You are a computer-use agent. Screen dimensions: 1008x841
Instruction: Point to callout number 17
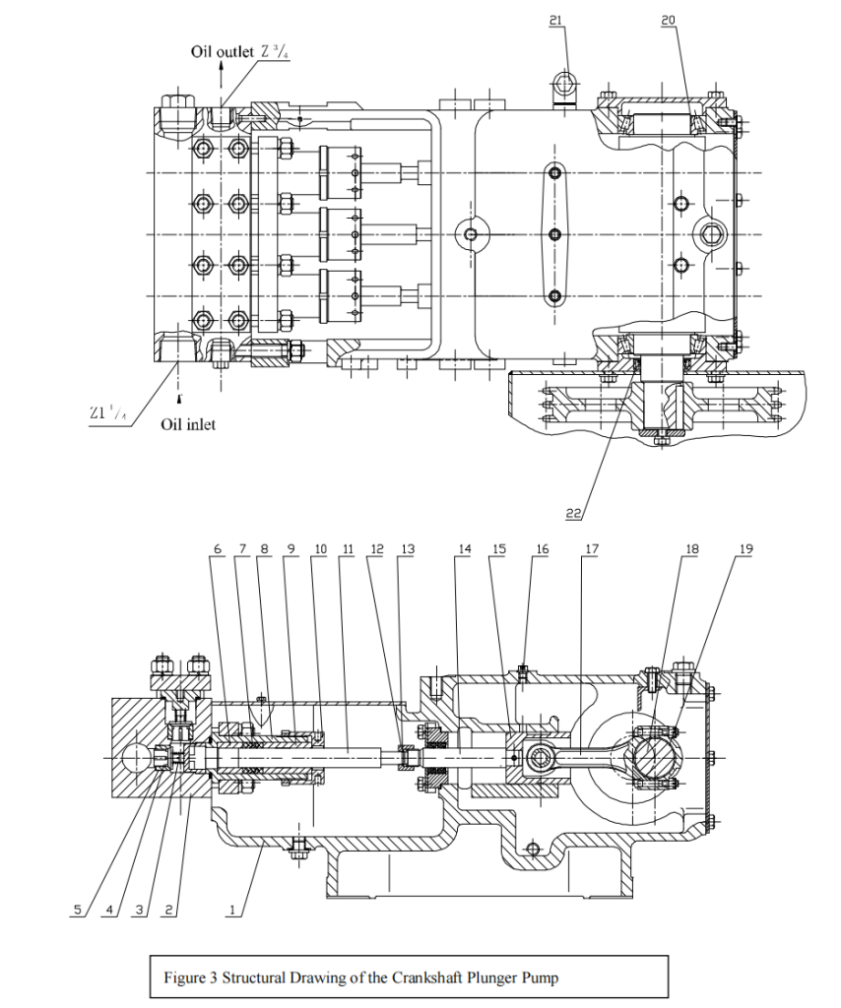coord(590,549)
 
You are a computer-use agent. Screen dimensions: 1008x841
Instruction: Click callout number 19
coord(744,549)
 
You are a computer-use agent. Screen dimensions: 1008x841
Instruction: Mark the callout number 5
coord(77,911)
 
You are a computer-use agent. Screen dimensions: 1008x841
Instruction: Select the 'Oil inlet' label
coord(188,424)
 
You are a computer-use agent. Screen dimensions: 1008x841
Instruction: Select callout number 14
coord(465,549)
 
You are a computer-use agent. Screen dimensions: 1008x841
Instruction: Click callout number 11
coord(349,549)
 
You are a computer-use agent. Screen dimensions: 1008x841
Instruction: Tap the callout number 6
coord(218,549)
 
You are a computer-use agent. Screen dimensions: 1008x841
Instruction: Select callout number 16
coord(542,549)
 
